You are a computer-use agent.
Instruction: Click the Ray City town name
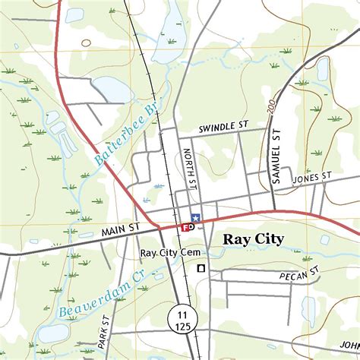pyautogui.click(x=253, y=239)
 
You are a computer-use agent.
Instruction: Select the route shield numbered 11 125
pyautogui.click(x=182, y=320)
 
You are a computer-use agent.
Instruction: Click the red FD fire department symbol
pyautogui.click(x=188, y=226)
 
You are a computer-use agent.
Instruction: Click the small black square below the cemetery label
pyautogui.click(x=201, y=268)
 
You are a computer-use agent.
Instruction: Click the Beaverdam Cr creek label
pyautogui.click(x=104, y=296)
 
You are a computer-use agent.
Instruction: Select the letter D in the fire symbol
pyautogui.click(x=191, y=226)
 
